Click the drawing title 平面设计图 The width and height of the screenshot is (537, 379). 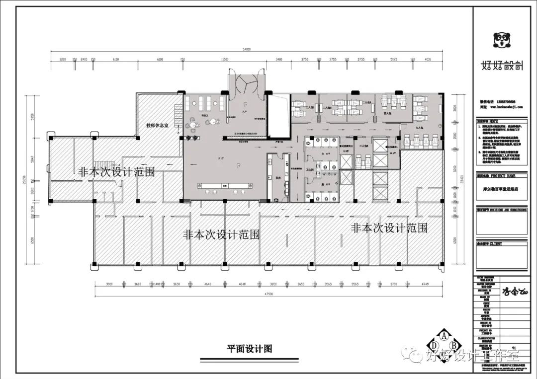pos(247,349)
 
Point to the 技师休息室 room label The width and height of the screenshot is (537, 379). pos(157,125)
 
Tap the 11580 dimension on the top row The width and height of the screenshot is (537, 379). pos(224,60)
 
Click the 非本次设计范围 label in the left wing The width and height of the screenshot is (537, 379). pos(116,171)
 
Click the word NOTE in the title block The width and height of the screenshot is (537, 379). pos(494,121)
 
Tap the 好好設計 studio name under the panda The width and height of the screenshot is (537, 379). pos(501,65)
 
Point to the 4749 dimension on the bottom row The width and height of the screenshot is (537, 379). pos(424,284)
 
